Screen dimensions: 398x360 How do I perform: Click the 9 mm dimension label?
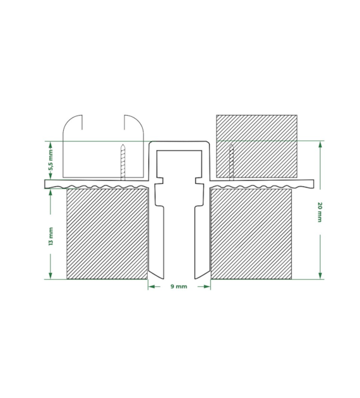click(x=179, y=287)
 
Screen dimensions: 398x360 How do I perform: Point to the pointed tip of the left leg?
click(x=150, y=278)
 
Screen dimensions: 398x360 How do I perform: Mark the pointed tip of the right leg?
click(x=208, y=278)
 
